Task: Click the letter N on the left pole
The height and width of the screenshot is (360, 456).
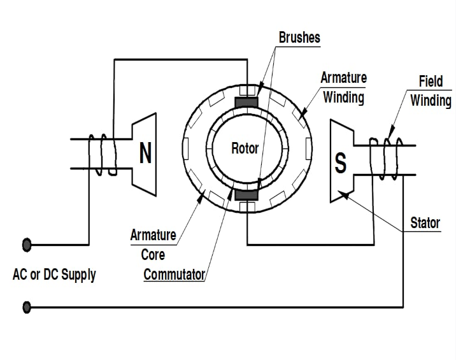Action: click(145, 153)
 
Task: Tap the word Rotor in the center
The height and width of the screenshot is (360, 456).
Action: click(245, 148)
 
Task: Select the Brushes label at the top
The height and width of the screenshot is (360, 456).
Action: click(299, 37)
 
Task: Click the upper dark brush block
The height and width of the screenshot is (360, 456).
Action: click(246, 101)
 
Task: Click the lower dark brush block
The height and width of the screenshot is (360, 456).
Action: click(246, 194)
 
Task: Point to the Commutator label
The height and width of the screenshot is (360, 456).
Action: click(174, 275)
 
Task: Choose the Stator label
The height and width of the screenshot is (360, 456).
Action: click(425, 223)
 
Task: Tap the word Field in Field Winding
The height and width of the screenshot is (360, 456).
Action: click(431, 82)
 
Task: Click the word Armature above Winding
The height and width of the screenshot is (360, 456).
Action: click(343, 78)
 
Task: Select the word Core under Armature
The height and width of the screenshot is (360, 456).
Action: click(153, 255)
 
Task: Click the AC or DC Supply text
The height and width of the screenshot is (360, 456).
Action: click(54, 275)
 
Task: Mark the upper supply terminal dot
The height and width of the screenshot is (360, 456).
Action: click(27, 244)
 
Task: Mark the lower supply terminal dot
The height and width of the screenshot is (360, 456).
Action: click(27, 308)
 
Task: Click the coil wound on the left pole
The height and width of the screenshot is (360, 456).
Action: click(103, 155)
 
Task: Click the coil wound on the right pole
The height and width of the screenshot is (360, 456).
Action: click(386, 157)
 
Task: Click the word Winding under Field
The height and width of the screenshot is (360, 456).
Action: click(431, 101)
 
